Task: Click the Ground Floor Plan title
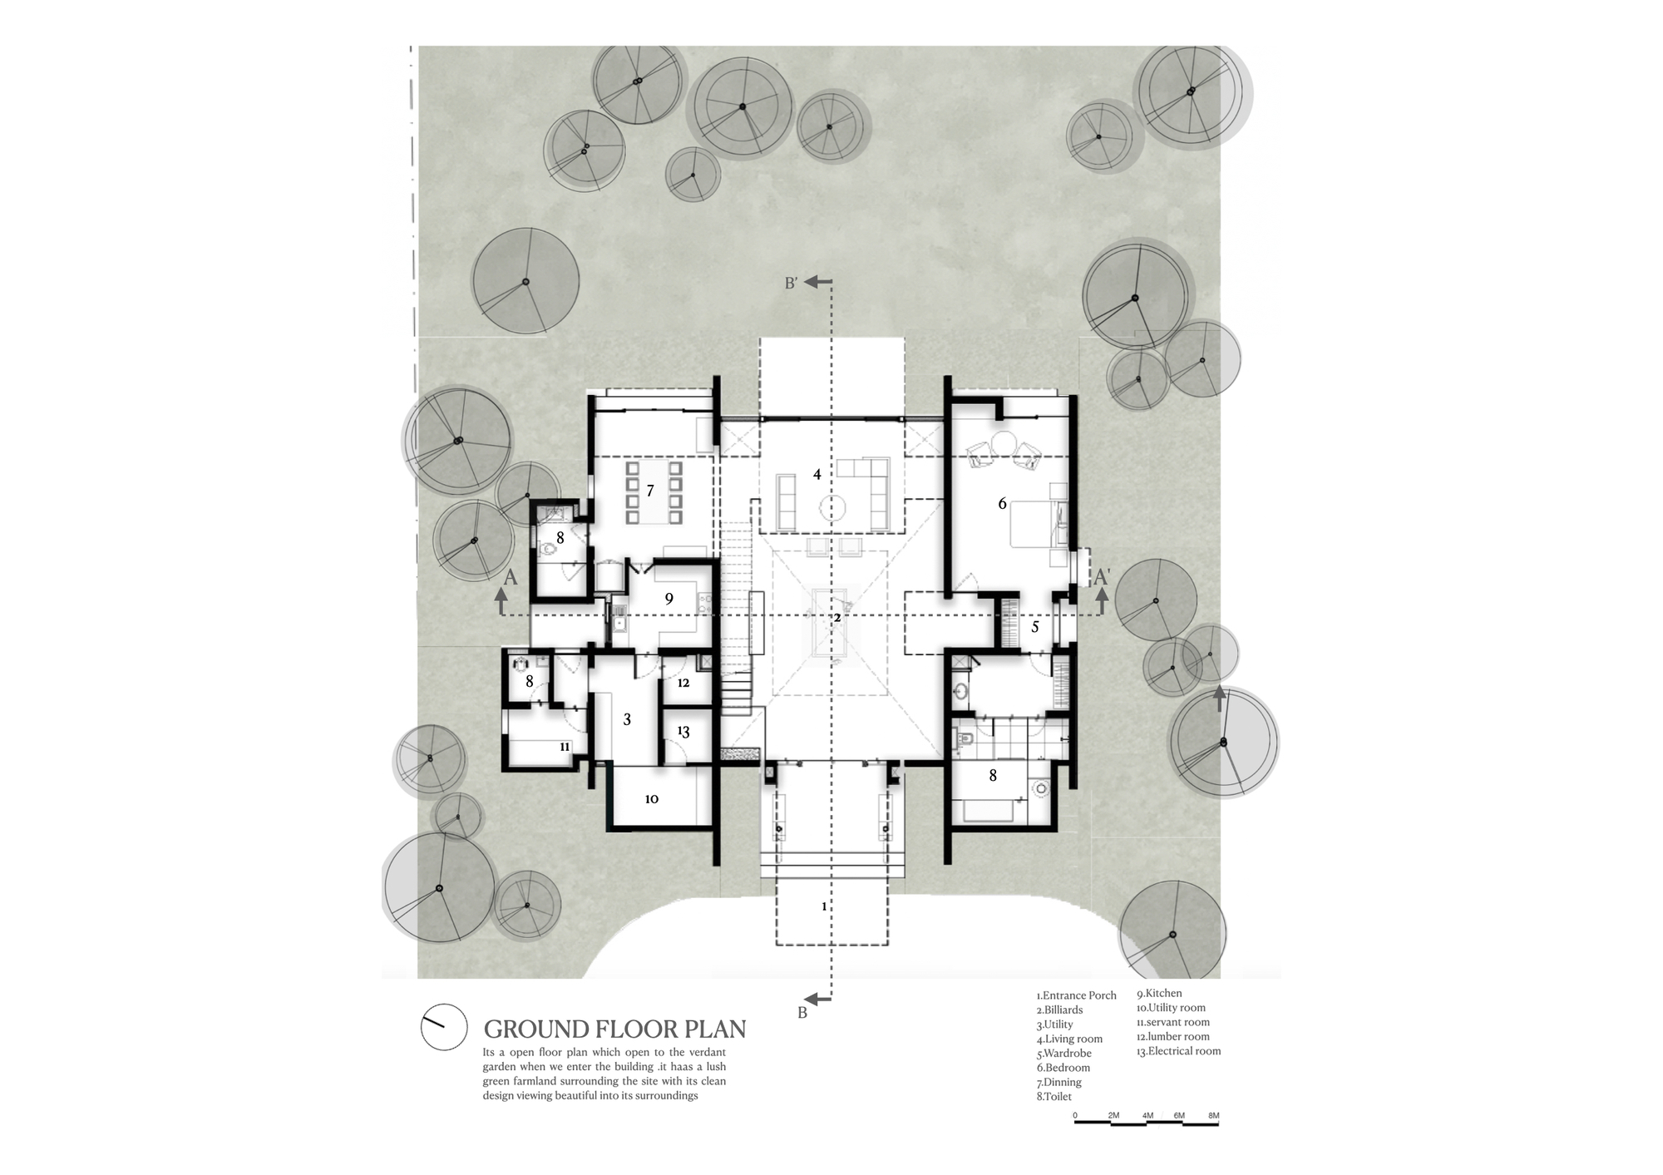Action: click(x=614, y=1029)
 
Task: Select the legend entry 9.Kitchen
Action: click(x=1159, y=994)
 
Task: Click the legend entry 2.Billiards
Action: click(x=1059, y=1010)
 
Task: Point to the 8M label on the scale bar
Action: click(x=1213, y=1116)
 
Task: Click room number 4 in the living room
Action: click(x=817, y=474)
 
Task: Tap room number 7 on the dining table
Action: click(x=650, y=491)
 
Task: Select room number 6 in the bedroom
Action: click(x=1002, y=503)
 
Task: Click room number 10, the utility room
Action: click(x=652, y=799)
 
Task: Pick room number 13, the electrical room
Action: click(x=683, y=732)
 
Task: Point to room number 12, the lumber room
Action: click(x=683, y=683)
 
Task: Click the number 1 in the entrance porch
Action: click(x=824, y=906)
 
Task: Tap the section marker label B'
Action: click(x=791, y=284)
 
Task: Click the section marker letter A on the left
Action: click(x=511, y=577)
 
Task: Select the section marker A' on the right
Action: click(x=1102, y=576)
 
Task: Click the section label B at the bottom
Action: click(x=802, y=1014)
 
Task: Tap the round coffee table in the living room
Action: click(x=832, y=507)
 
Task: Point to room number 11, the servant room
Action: click(x=565, y=747)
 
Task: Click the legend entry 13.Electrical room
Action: click(x=1178, y=1051)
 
